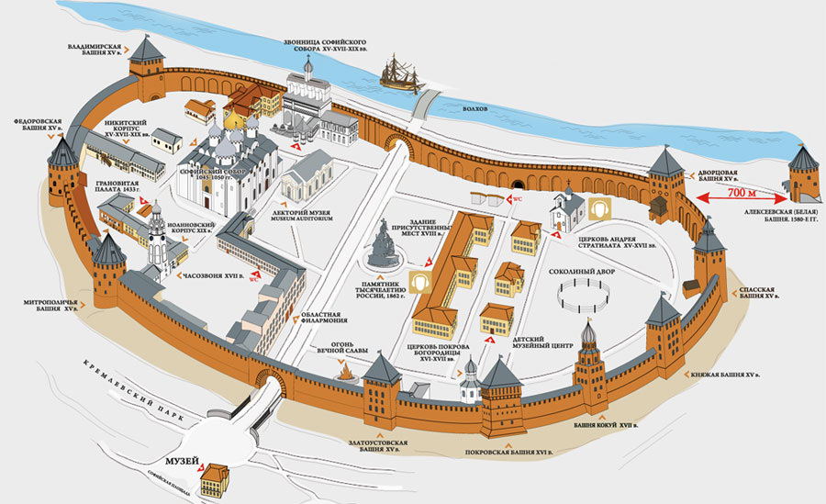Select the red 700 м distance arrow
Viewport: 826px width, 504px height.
(741, 196)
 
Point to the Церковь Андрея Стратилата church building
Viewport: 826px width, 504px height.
(564, 213)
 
